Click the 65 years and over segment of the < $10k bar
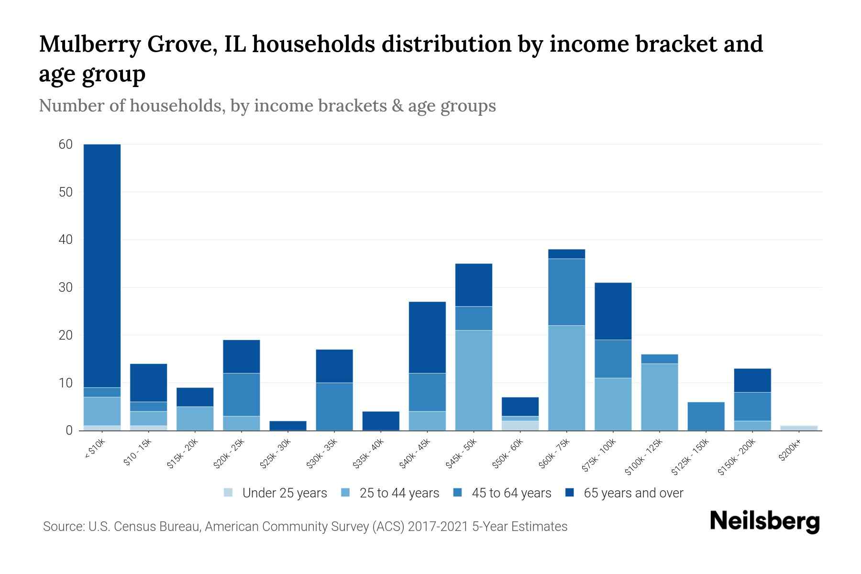tap(102, 265)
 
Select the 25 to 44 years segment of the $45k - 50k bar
tap(474, 380)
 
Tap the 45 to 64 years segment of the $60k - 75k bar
tap(566, 292)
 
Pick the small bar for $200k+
tap(799, 428)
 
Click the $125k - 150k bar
tap(706, 416)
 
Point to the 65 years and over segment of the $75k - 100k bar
tap(613, 311)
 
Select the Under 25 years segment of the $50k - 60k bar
tap(520, 425)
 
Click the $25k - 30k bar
tap(288, 425)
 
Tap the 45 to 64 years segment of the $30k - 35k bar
tap(334, 407)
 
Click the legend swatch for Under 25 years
tap(229, 493)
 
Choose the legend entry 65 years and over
tap(633, 493)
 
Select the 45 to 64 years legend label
tap(511, 493)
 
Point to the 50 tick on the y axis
tap(66, 192)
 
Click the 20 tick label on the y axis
tap(66, 335)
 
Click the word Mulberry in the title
tap(89, 44)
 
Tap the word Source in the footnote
tap(62, 527)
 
